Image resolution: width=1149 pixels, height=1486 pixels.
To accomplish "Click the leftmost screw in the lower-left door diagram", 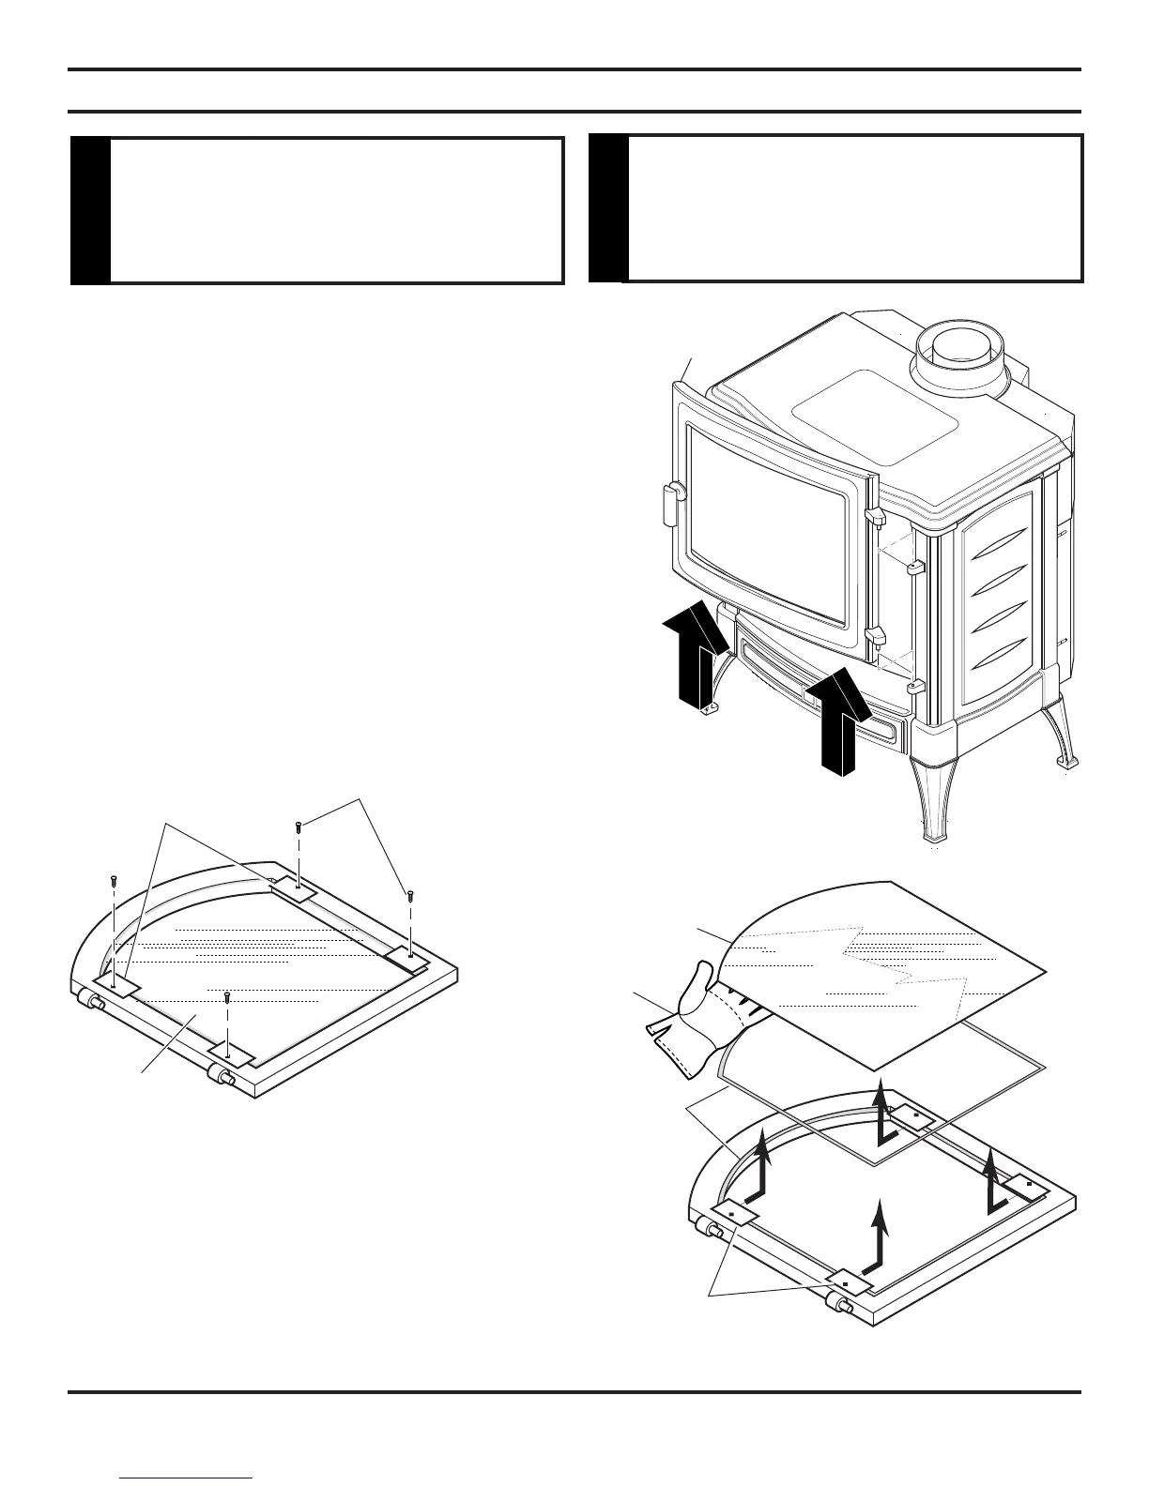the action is pos(114,881).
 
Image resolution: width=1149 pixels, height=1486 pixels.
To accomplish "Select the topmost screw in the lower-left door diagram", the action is pos(299,826).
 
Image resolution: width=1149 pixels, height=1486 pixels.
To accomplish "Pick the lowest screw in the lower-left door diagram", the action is pos(227,996).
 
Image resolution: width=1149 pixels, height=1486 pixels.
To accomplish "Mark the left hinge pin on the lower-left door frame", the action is pos(95,1001).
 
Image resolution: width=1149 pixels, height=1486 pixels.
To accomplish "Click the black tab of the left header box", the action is pos(90,211).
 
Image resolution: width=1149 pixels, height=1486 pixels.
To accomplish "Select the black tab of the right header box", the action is pos(607,208).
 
